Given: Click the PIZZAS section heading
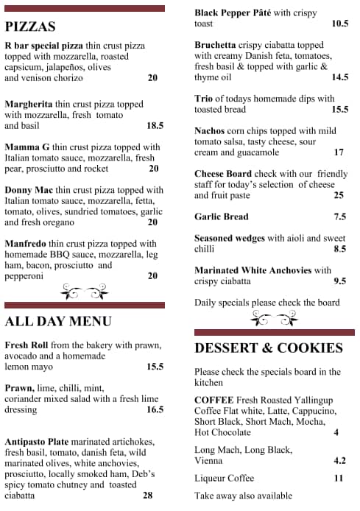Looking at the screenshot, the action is [30, 27].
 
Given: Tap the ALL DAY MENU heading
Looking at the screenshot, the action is [58, 321].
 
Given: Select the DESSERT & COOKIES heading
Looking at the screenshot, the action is [269, 348].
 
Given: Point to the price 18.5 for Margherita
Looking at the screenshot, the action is [155, 126].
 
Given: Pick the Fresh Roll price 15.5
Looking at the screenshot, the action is [155, 367].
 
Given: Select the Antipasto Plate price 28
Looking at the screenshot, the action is [147, 496].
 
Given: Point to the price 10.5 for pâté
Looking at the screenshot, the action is [339, 24].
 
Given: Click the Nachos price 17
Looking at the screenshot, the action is [339, 152].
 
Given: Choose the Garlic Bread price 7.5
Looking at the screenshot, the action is [339, 216].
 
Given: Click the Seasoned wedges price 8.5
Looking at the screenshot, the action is [339, 249].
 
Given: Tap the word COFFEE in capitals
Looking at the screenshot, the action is [214, 400].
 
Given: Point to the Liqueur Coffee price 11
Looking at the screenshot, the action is [339, 478].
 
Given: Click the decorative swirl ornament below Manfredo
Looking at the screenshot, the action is [83, 292].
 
